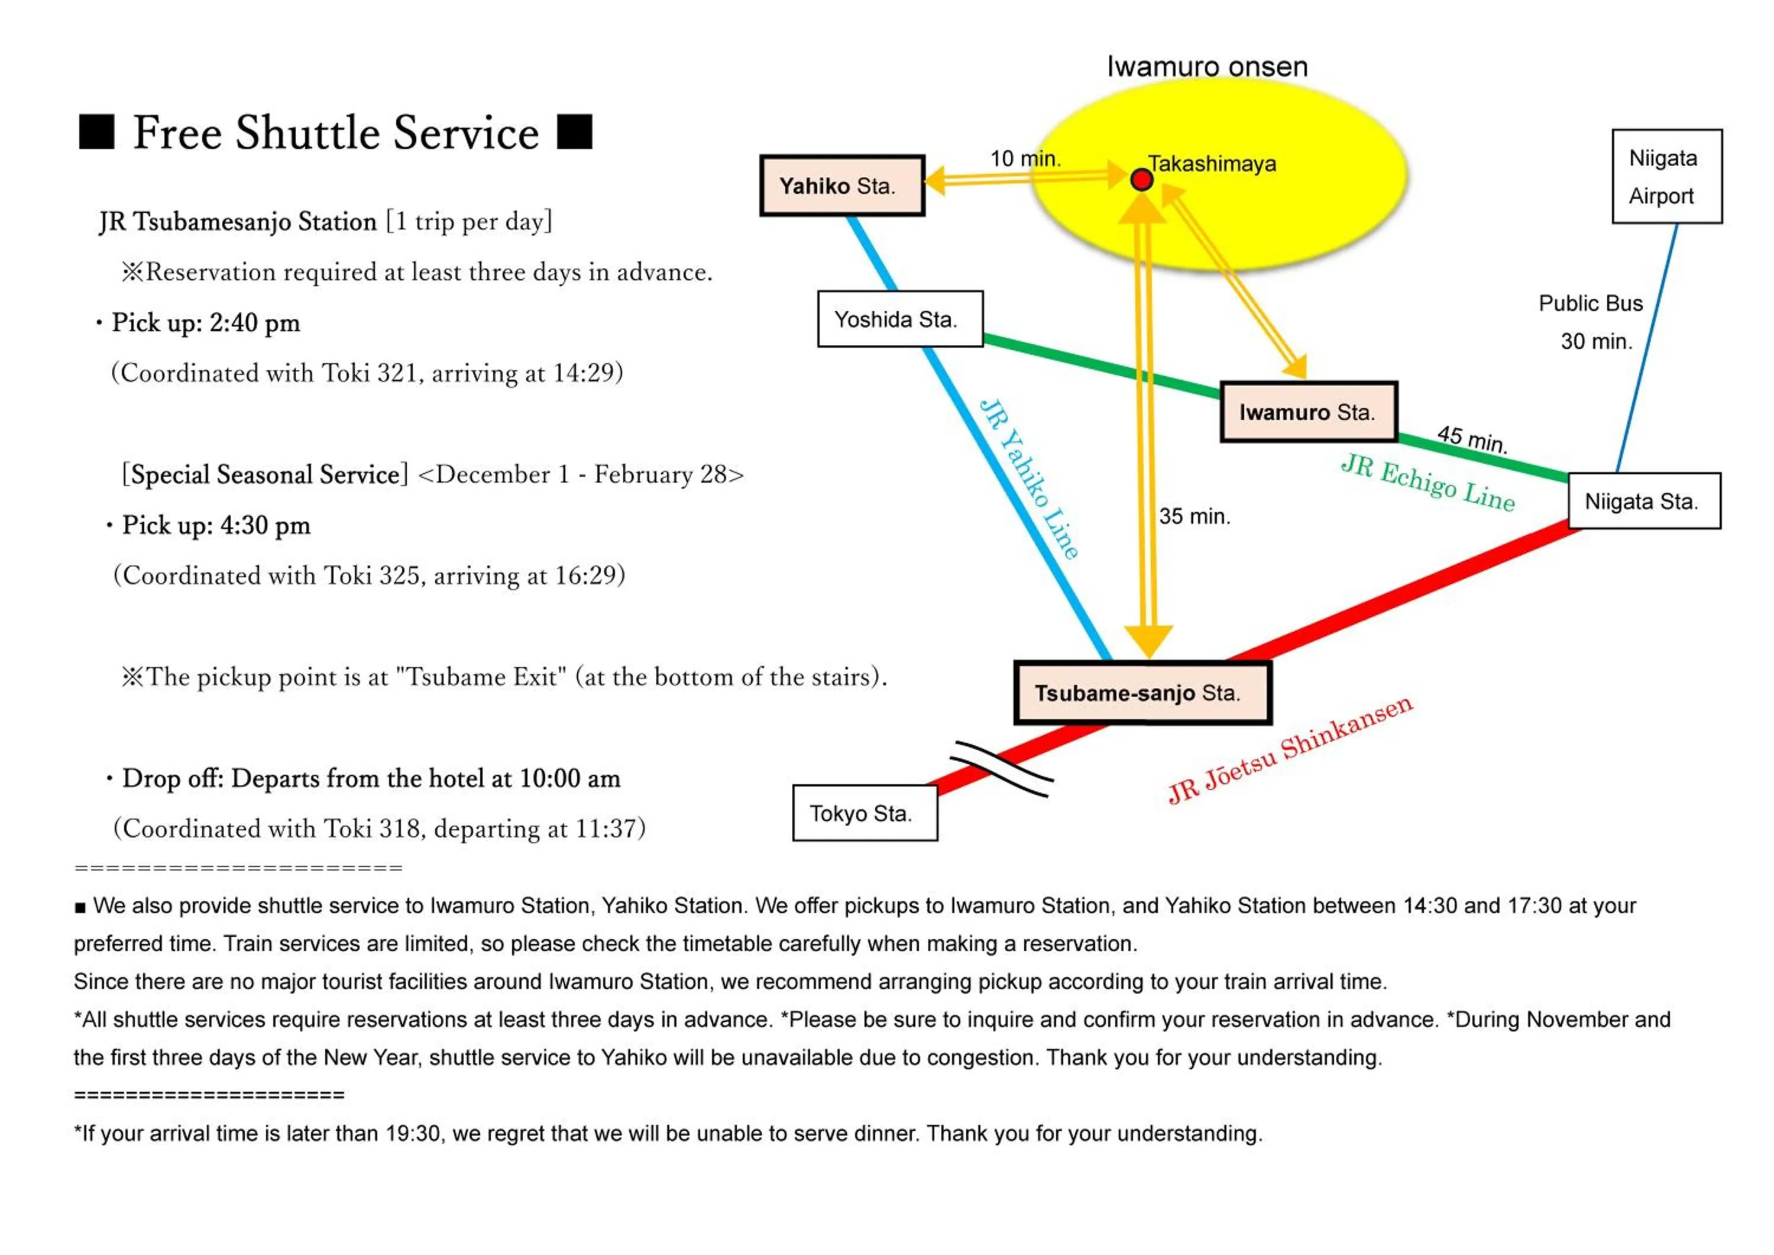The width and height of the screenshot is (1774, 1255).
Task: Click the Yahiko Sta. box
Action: tap(842, 186)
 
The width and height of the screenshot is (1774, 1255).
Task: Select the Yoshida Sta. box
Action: tap(900, 319)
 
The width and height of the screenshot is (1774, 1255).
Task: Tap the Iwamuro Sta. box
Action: tap(1309, 412)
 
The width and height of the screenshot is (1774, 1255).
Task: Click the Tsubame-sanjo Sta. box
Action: tap(1142, 693)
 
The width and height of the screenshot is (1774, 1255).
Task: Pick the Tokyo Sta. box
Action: tap(865, 813)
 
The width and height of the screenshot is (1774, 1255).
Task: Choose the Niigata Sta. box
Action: tap(1644, 502)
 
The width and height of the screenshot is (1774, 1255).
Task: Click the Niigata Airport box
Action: tap(1666, 177)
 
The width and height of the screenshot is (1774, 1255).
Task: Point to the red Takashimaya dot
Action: tap(1141, 180)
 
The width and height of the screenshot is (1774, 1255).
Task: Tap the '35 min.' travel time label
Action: tap(1194, 516)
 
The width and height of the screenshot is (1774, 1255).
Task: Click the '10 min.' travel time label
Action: tap(1025, 159)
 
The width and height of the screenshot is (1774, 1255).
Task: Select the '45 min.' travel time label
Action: tap(1472, 439)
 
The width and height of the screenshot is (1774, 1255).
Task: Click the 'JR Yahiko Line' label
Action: tap(1029, 479)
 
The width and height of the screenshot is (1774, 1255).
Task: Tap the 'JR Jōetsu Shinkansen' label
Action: tap(1290, 749)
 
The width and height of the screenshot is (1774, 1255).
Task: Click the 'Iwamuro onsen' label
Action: tap(1207, 66)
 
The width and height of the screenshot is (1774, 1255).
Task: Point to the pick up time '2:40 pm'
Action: tap(254, 323)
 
